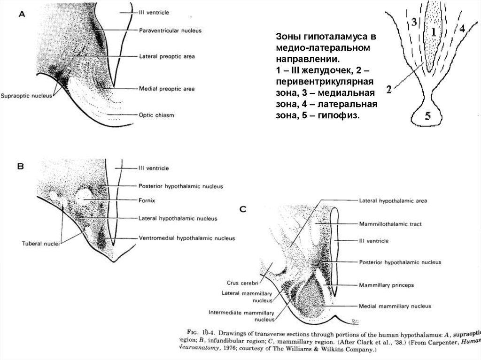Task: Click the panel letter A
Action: pyautogui.click(x=22, y=14)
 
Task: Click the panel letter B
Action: pyautogui.click(x=21, y=166)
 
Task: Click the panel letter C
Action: pyautogui.click(x=243, y=210)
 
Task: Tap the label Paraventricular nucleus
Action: pyautogui.click(x=170, y=31)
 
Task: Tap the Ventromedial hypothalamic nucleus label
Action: pyautogui.click(x=186, y=238)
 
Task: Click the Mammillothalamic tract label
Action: pyautogui.click(x=390, y=224)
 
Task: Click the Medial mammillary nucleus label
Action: pyautogui.click(x=395, y=306)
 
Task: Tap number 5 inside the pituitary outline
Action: pyautogui.click(x=428, y=117)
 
